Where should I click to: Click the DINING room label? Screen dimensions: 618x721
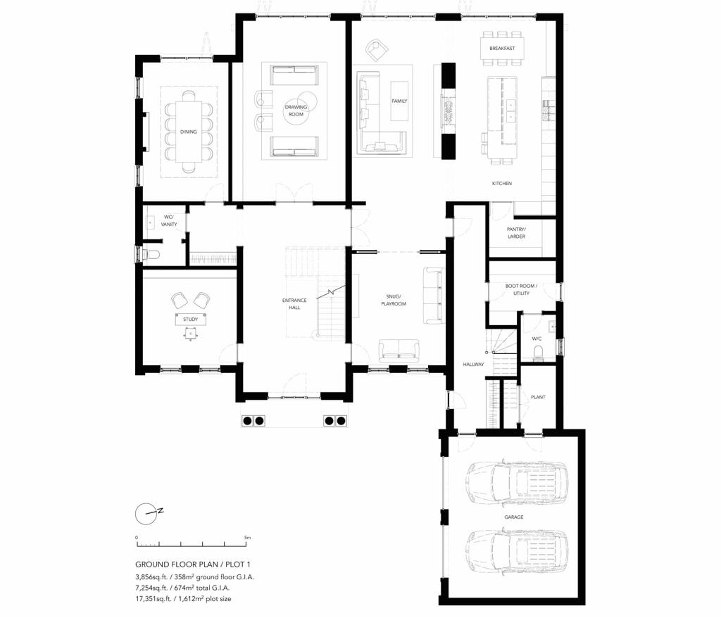point(188,132)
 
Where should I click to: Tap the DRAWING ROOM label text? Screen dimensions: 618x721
point(294,111)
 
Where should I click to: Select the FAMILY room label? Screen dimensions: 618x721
point(399,101)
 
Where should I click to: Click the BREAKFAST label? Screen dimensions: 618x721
point(502,49)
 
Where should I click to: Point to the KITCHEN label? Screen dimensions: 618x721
point(502,184)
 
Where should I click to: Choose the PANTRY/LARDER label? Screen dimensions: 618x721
point(516,233)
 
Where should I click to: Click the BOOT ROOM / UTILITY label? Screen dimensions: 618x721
point(521,289)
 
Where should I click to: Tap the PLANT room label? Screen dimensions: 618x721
point(538,397)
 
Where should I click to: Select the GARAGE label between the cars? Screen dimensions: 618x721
point(513,517)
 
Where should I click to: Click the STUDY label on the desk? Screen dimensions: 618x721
point(190,320)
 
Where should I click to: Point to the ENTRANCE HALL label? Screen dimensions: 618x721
point(294,304)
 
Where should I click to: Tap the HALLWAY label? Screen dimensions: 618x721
point(472,364)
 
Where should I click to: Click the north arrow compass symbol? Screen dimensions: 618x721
point(146,513)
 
